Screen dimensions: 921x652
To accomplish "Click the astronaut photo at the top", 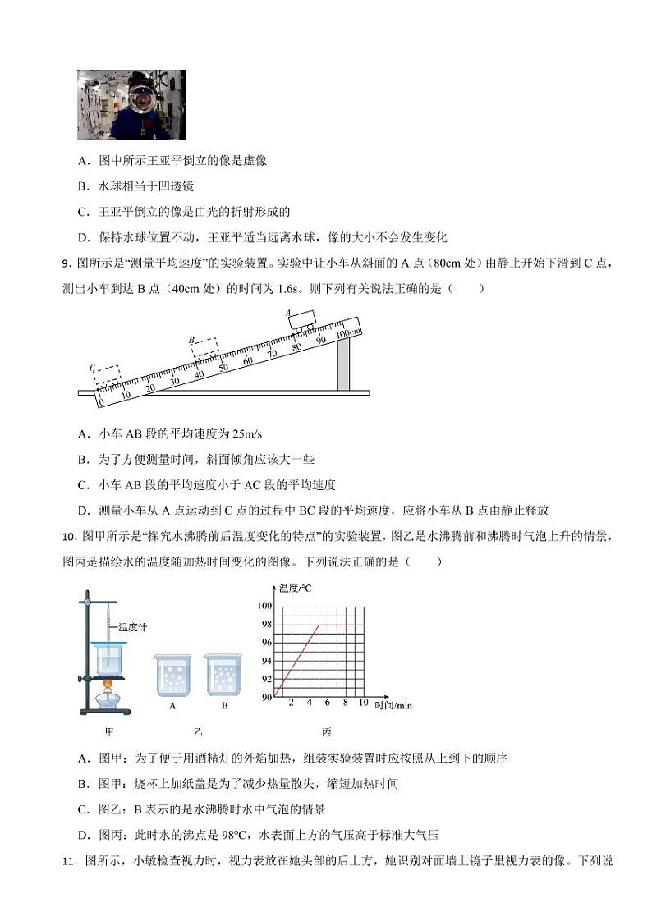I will [x=131, y=104].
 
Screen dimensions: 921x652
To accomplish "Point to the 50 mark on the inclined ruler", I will [x=223, y=368].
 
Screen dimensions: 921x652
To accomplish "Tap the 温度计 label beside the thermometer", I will [x=132, y=627].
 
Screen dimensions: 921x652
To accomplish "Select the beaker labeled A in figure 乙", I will [x=172, y=676].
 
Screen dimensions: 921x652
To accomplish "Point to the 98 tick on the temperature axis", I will [x=264, y=625].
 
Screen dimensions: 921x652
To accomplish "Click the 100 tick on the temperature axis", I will [x=264, y=606].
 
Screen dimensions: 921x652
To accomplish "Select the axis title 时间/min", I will [x=393, y=705].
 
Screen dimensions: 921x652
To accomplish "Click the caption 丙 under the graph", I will [x=327, y=731].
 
